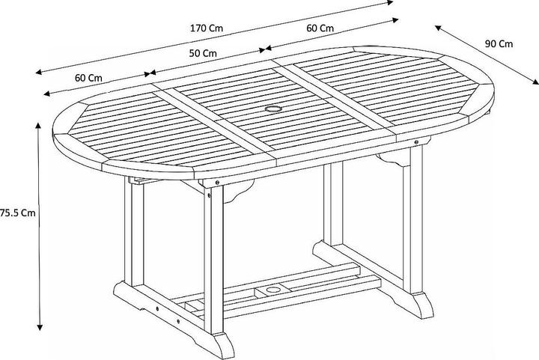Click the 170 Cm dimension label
[207, 28]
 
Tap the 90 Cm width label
[499, 44]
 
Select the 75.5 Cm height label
[18, 213]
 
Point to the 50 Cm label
[203, 53]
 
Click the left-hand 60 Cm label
[88, 78]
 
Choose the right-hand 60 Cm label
[320, 28]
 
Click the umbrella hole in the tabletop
[273, 109]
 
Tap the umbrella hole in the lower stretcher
[273, 290]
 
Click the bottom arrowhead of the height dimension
[40, 327]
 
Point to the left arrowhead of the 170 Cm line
[39, 72]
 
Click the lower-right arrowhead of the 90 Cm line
[535, 82]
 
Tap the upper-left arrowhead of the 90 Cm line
[438, 28]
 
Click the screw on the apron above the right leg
[416, 141]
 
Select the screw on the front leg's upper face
[209, 195]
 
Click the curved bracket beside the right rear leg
[392, 159]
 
